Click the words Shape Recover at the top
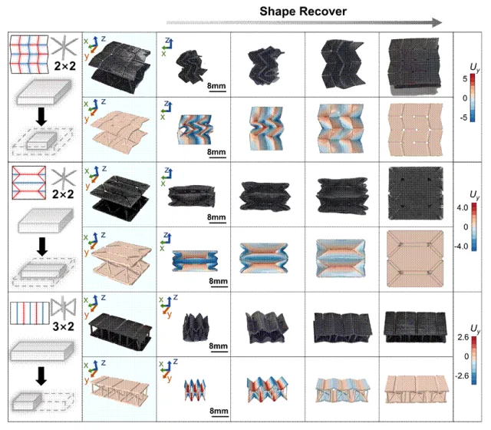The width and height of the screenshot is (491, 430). click(x=303, y=12)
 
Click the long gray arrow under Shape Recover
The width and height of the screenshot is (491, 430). click(x=304, y=22)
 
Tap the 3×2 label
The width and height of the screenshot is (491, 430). click(x=63, y=326)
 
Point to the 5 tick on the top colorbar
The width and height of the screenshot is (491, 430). click(x=465, y=78)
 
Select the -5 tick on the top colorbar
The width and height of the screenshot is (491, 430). click(x=463, y=117)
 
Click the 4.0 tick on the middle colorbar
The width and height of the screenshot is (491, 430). click(x=462, y=207)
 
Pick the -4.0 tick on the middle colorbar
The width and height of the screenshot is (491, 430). click(x=461, y=246)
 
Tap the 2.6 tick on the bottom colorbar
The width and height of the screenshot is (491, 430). click(x=463, y=337)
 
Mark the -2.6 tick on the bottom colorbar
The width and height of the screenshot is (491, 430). click(x=462, y=375)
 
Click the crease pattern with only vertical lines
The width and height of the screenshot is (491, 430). click(x=30, y=313)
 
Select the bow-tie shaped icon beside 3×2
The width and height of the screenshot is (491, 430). click(x=64, y=306)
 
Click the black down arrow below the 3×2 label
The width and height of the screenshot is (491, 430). click(x=41, y=375)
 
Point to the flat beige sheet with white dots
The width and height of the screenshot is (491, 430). click(x=416, y=130)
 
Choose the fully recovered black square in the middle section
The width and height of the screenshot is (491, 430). click(x=416, y=193)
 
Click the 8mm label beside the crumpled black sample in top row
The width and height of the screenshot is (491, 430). click(x=216, y=86)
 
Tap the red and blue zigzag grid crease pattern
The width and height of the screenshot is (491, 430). click(x=29, y=55)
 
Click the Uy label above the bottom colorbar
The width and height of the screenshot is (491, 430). click(x=475, y=329)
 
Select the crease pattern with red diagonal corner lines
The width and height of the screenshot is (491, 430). click(x=28, y=183)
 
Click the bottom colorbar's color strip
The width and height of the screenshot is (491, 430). click(x=473, y=360)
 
